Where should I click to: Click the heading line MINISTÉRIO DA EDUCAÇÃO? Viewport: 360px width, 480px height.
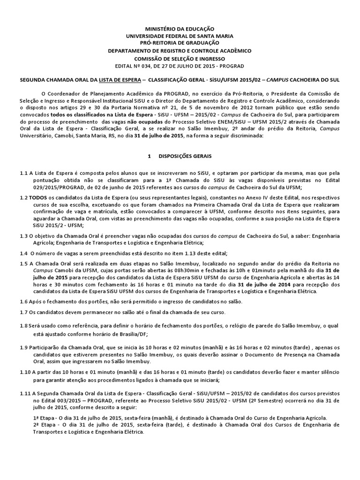pyautogui.click(x=180, y=29)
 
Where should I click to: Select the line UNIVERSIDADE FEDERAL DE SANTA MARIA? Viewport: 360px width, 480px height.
pyautogui.click(x=180, y=36)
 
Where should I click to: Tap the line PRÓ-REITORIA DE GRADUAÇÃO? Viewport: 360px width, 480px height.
pyautogui.click(x=180, y=43)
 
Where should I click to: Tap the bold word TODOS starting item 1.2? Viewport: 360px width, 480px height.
pyautogui.click(x=39, y=197)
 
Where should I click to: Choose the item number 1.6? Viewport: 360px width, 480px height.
pyautogui.click(x=24, y=302)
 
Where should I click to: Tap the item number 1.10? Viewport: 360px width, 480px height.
pyautogui.click(x=25, y=372)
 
